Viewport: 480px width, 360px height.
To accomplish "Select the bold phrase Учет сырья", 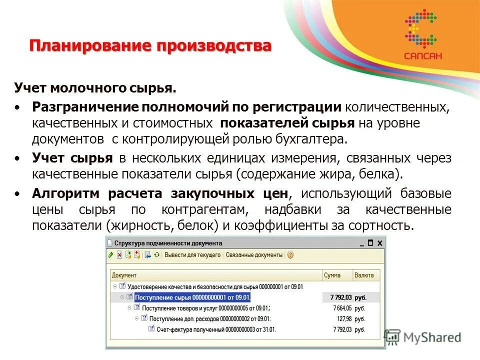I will pyautogui.click(x=72, y=158).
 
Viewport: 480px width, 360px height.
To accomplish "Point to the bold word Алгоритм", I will pyautogui.click(x=68, y=193).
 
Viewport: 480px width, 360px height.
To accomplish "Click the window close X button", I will pyautogui.click(x=379, y=243).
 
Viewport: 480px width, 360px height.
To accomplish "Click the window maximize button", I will pyautogui.click(x=370, y=243).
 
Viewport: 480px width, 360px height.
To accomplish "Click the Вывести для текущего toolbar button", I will pyautogui.click(x=192, y=255).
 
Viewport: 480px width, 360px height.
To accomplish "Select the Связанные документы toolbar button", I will pyautogui.click(x=254, y=255).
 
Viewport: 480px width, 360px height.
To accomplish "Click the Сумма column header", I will pyautogui.click(x=332, y=275).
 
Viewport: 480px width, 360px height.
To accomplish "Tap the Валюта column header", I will pyautogui.click(x=363, y=275).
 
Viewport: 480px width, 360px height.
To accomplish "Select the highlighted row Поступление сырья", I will pyautogui.click(x=192, y=297).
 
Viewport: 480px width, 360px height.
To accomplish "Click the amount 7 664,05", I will pyautogui.click(x=342, y=308).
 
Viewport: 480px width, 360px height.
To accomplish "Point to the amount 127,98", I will pyautogui.click(x=344, y=318).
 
